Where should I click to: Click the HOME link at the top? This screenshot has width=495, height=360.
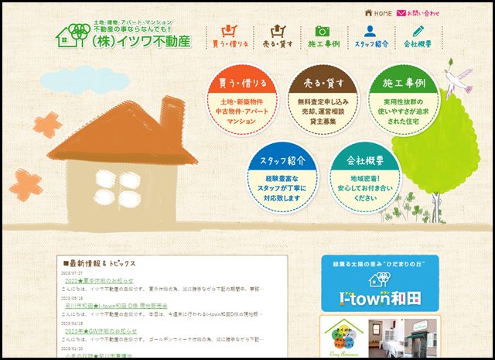(378, 13)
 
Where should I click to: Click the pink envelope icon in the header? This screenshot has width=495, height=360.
(401, 13)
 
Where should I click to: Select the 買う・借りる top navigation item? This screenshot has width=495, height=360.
(230, 37)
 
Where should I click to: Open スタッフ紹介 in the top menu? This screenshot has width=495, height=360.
(371, 37)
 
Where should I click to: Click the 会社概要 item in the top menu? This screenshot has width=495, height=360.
(418, 37)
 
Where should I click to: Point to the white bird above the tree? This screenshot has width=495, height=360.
(462, 76)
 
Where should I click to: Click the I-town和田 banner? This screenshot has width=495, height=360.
(379, 283)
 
